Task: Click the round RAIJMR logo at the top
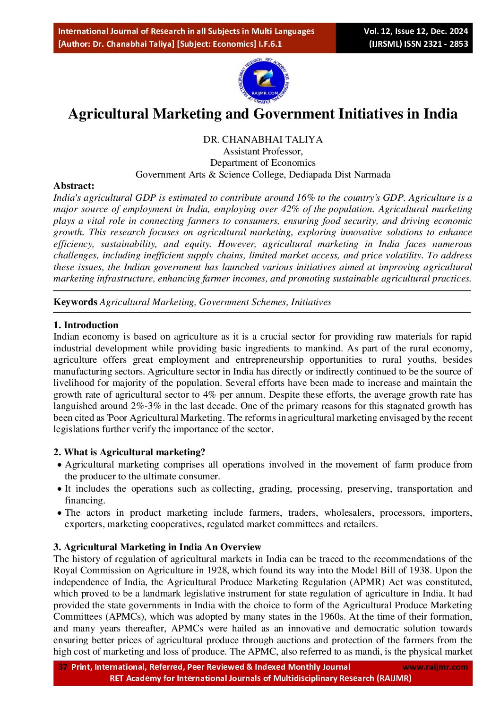[263, 81]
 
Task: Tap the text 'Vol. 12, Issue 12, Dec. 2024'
[415, 31]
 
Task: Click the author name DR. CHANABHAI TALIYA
[263, 139]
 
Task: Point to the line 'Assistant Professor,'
[263, 151]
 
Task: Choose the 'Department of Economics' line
[263, 162]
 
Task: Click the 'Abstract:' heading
[74, 186]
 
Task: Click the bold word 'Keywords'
[75, 302]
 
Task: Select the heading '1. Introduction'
[86, 325]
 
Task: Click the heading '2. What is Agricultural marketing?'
[129, 452]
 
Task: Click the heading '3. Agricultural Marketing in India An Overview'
[157, 547]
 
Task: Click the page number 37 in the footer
[63, 667]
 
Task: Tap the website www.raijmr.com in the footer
[435, 667]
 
